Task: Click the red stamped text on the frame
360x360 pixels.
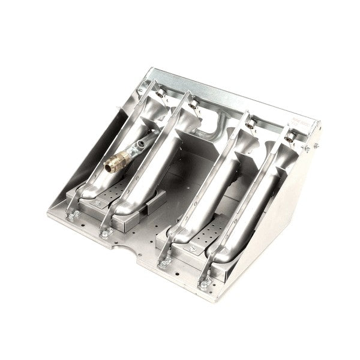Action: (299, 122)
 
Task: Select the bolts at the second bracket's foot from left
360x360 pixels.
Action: (106, 229)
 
